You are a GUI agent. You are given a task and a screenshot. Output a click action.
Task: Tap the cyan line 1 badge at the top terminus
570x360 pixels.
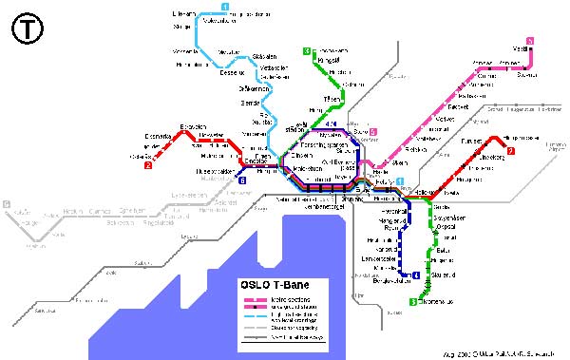pyautogui.click(x=224, y=8)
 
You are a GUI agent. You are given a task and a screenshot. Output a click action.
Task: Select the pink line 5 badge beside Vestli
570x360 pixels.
pyautogui.click(x=530, y=39)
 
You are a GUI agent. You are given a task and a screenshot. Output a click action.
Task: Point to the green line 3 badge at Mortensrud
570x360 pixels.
pyautogui.click(x=412, y=302)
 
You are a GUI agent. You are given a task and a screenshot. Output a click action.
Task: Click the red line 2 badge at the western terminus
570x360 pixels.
pyautogui.click(x=148, y=167)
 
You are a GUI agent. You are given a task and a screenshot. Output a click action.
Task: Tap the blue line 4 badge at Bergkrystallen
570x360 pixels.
pyautogui.click(x=416, y=276)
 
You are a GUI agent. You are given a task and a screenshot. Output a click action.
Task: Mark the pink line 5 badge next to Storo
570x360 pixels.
pyautogui.click(x=374, y=132)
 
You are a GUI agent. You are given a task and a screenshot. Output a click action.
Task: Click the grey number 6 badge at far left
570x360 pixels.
pyautogui.click(x=6, y=204)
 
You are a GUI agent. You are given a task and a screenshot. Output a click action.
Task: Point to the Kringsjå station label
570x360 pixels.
pyautogui.click(x=332, y=60)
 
